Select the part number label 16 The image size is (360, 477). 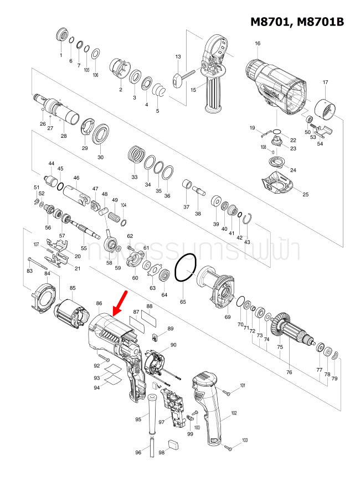(x=258, y=44)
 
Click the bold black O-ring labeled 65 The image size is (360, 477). (x=184, y=270)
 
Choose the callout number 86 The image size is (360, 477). (x=99, y=303)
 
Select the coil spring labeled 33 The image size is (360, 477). (x=135, y=153)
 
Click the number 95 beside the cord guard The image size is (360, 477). (x=138, y=419)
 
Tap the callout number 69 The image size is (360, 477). (x=227, y=317)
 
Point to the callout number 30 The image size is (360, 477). (x=100, y=157)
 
